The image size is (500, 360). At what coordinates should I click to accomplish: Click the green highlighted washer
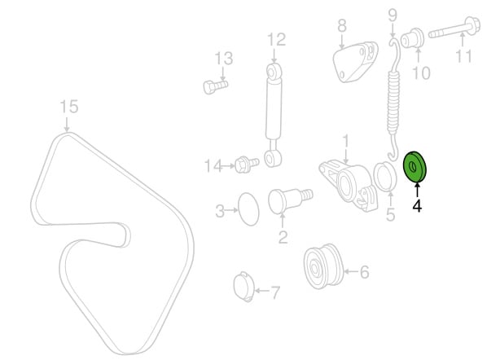pyautogui.click(x=414, y=168)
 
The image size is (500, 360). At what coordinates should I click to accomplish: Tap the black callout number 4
pyautogui.click(x=417, y=205)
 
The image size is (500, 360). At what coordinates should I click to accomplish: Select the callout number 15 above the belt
pyautogui.click(x=69, y=106)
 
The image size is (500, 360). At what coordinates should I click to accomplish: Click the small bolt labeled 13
pyautogui.click(x=215, y=86)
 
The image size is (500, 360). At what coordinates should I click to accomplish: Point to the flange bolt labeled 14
pyautogui.click(x=247, y=165)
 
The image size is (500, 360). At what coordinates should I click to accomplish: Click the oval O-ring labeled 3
pyautogui.click(x=248, y=209)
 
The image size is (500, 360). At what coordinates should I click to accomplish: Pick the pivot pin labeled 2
pyautogui.click(x=290, y=200)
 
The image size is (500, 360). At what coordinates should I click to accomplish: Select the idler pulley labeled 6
pyautogui.click(x=323, y=266)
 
